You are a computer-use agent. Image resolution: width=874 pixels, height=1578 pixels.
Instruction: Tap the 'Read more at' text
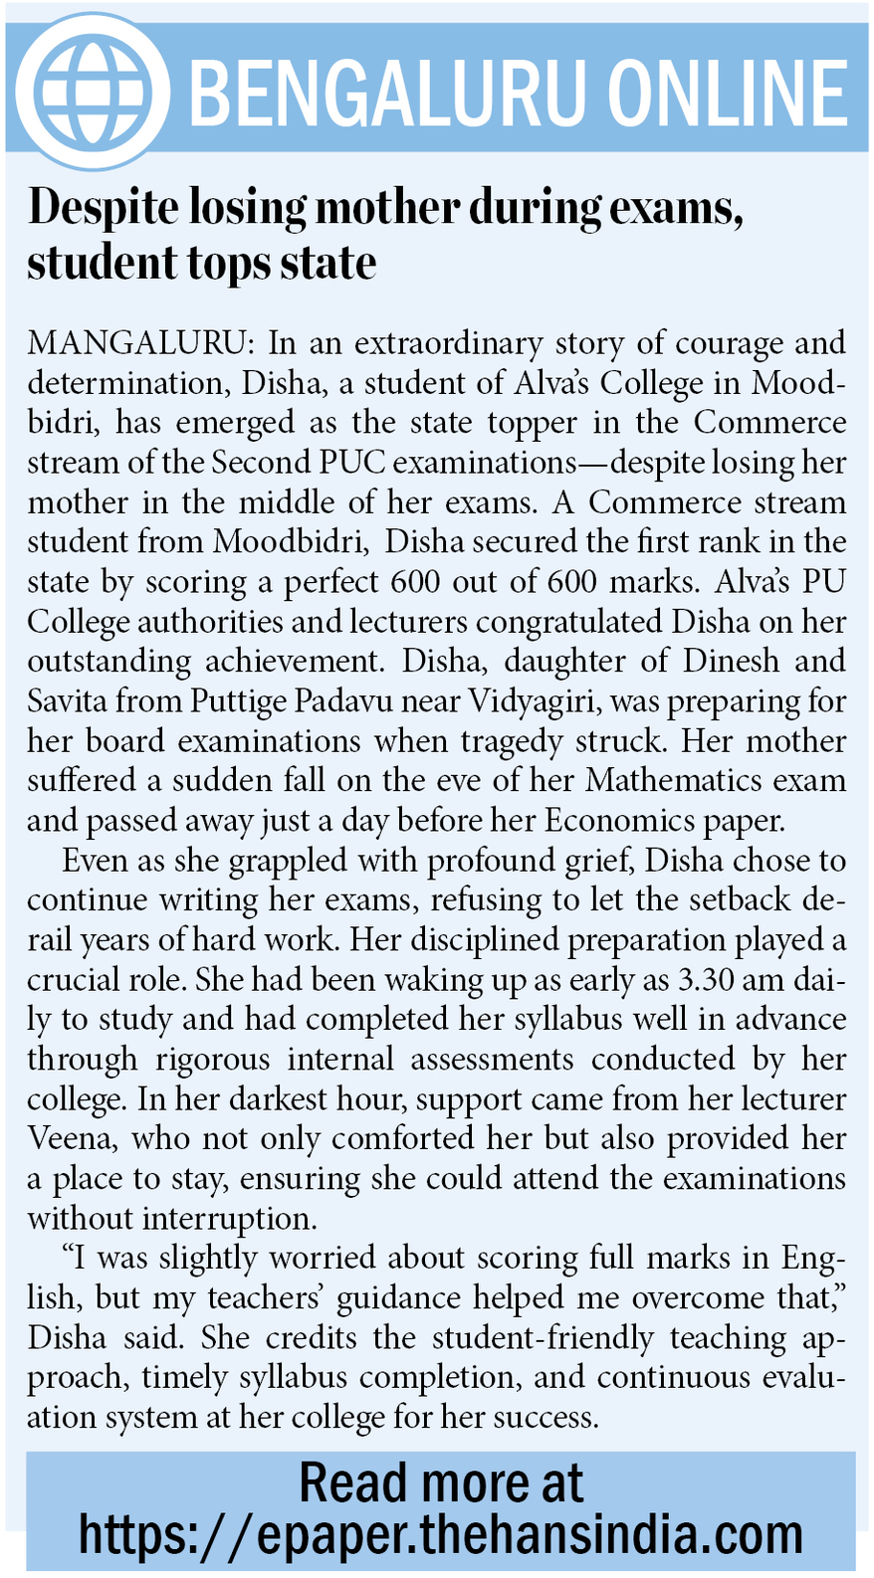441,1482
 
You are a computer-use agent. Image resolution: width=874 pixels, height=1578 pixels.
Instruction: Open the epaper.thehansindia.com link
441,1534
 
